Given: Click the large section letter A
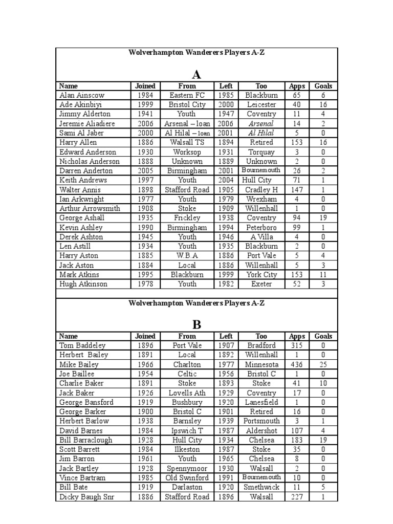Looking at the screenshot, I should click(x=196, y=75).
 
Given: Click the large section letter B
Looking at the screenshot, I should click(x=196, y=324).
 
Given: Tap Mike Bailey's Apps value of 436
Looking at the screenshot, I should click(x=296, y=364).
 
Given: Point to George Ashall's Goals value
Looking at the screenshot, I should click(x=323, y=218).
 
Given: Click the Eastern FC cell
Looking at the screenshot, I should click(x=187, y=95).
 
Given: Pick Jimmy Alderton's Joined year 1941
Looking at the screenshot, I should click(x=145, y=114).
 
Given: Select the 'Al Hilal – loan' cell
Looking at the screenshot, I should click(x=187, y=133).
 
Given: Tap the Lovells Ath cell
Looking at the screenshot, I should click(x=187, y=393).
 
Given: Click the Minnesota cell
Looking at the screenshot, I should click(x=261, y=364).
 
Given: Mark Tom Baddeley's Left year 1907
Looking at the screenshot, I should click(x=226, y=345).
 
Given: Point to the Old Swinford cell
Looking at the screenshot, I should click(x=187, y=478).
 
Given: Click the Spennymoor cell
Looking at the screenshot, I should click(x=187, y=468).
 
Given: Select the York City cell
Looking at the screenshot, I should click(x=261, y=275).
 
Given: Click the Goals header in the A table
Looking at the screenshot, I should click(x=323, y=86).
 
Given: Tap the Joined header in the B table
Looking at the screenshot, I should click(x=145, y=336).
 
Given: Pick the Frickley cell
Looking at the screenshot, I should click(x=187, y=218).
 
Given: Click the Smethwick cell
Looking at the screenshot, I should click(x=261, y=487).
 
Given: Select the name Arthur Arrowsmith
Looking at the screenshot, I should click(x=90, y=209).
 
